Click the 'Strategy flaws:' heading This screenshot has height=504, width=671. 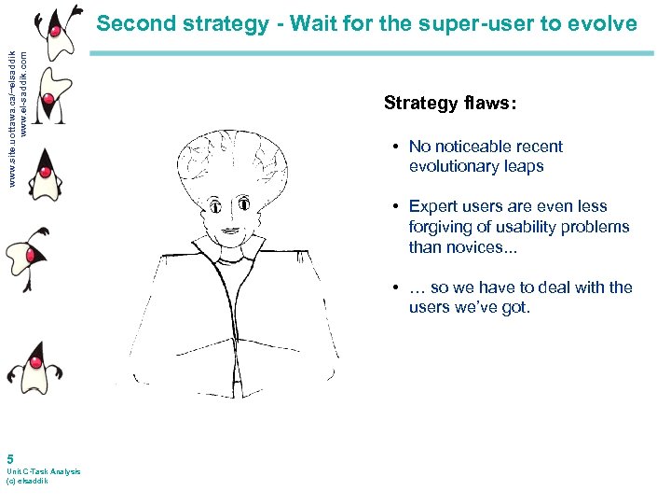pos(449,104)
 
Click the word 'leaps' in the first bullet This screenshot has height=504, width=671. pos(523,166)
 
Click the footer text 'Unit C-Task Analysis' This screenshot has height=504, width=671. pos(43,471)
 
